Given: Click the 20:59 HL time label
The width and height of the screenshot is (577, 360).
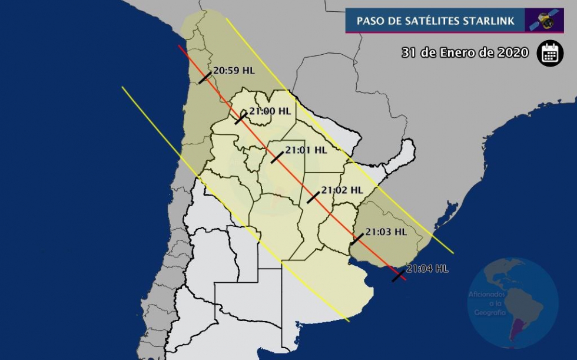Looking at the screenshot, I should click(x=234, y=71).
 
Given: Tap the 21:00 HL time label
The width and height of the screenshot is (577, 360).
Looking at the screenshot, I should click(x=270, y=111).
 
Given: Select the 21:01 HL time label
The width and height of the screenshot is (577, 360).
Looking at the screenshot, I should click(x=306, y=150).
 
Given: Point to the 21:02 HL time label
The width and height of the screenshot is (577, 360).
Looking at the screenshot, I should click(x=341, y=190).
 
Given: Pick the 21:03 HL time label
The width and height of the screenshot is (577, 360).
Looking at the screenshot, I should click(x=386, y=232).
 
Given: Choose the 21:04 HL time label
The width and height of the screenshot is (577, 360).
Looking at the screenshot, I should click(x=427, y=269).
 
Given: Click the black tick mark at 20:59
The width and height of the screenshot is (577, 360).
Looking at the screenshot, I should click(x=205, y=77).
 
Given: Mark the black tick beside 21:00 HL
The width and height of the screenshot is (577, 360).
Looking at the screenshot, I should click(x=241, y=118).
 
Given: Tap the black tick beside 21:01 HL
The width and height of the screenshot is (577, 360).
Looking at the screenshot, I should click(x=277, y=157).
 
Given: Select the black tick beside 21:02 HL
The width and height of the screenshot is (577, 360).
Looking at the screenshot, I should click(x=313, y=197).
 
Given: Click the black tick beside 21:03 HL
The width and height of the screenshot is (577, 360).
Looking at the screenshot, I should click(x=357, y=239).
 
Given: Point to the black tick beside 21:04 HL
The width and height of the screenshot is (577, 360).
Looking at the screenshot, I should click(x=399, y=275).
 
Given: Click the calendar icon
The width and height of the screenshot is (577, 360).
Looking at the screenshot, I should click(x=550, y=52).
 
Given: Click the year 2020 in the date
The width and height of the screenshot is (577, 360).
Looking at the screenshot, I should click(x=513, y=52).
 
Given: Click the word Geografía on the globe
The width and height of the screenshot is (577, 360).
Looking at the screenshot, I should click(x=487, y=312).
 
